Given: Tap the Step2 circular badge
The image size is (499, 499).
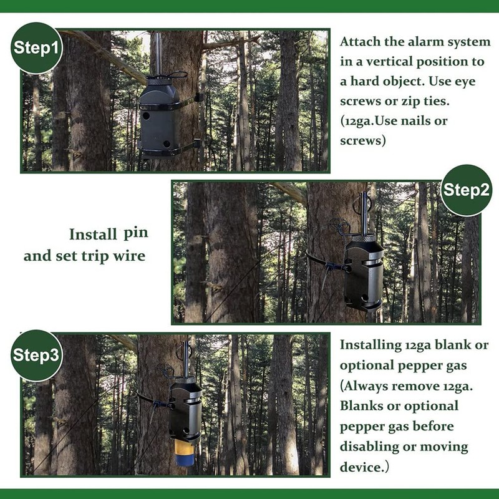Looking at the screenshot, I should (x=466, y=190).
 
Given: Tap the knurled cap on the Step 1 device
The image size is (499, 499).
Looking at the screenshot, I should (x=157, y=80).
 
